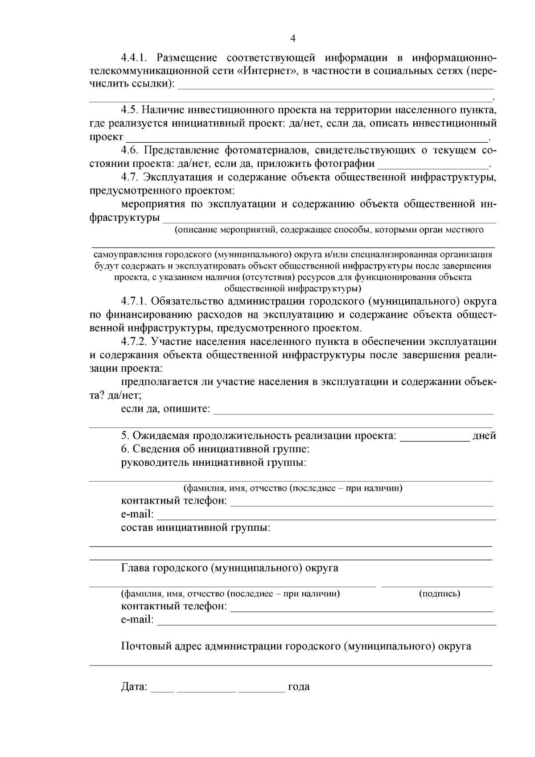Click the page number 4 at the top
[292, 39]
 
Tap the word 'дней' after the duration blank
[484, 436]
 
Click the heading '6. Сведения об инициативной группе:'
[215, 449]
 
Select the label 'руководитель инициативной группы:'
[214, 463]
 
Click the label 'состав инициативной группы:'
[196, 528]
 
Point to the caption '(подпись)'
[439, 594]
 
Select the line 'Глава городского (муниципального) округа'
[229, 568]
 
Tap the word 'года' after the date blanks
[299, 687]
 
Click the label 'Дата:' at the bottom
[134, 687]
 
